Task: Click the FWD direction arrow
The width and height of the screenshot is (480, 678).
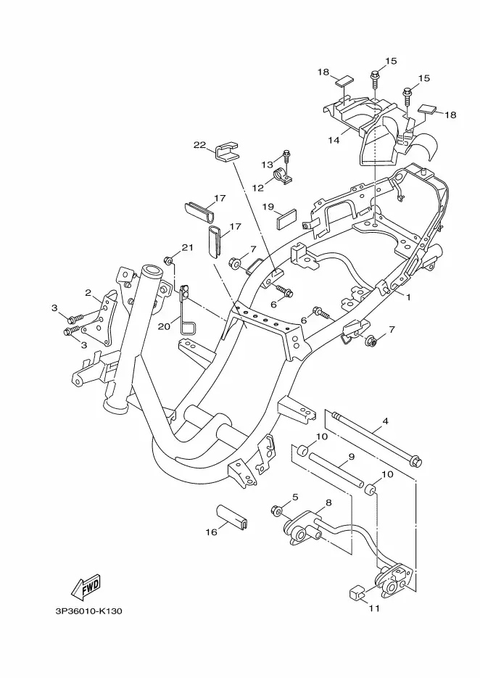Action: pyautogui.click(x=86, y=587)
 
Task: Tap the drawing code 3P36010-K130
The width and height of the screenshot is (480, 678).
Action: pyautogui.click(x=88, y=611)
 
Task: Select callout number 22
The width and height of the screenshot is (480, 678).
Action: pyautogui.click(x=199, y=145)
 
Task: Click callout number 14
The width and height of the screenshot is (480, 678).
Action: pyautogui.click(x=334, y=140)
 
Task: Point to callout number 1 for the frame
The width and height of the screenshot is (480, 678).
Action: pyautogui.click(x=408, y=297)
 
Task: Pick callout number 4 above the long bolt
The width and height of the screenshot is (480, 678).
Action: pyautogui.click(x=385, y=421)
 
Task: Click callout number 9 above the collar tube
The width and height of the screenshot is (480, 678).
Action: pyautogui.click(x=351, y=456)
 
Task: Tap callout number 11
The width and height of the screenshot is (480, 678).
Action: pyautogui.click(x=374, y=608)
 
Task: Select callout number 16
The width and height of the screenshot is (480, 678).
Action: pyautogui.click(x=211, y=532)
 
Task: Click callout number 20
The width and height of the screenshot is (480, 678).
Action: pyautogui.click(x=165, y=326)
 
